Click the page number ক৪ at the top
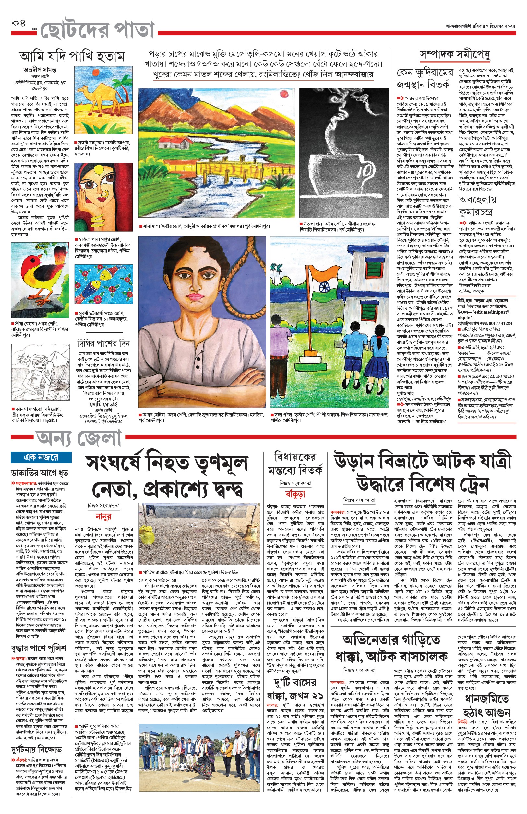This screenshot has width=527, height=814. click(19, 24)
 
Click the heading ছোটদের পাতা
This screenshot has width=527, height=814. click(98, 30)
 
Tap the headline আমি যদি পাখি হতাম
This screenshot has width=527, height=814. click(72, 56)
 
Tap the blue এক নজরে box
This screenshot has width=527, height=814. click(41, 457)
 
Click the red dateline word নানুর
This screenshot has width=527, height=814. click(103, 517)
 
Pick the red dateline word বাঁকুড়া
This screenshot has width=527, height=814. click(295, 494)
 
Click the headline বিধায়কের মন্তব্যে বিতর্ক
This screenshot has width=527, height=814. click(295, 464)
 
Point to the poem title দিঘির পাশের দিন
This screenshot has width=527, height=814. click(103, 343)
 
